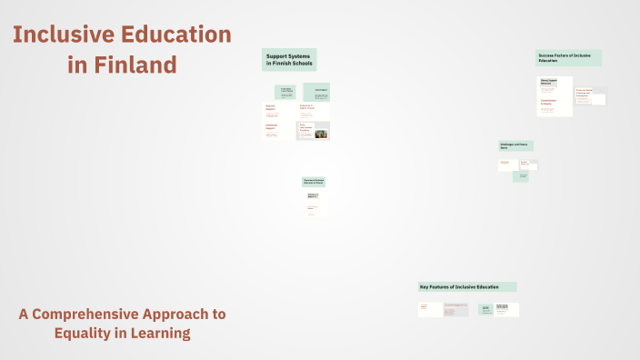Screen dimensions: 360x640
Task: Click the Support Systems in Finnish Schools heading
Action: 289,59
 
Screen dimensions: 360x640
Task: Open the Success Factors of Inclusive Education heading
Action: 567,57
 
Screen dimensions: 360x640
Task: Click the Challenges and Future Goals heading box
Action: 515,145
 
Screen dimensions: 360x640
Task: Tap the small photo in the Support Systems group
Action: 321,135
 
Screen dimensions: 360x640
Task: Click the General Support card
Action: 274,110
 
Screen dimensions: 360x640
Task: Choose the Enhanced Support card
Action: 274,129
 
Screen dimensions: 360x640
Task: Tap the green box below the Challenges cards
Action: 520,176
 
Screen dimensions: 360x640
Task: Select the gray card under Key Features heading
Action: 456,310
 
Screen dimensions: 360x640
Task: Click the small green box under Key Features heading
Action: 485,310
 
